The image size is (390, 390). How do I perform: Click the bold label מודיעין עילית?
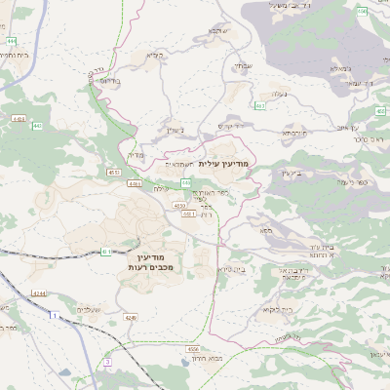224,163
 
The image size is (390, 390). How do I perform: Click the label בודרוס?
110,80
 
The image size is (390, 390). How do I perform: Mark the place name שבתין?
175,129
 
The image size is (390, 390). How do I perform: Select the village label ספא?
265,231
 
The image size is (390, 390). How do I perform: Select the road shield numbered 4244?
38,292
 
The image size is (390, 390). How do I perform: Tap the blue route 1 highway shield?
52,315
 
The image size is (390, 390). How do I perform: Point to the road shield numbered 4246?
132,317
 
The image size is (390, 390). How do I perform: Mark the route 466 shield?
362,12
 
